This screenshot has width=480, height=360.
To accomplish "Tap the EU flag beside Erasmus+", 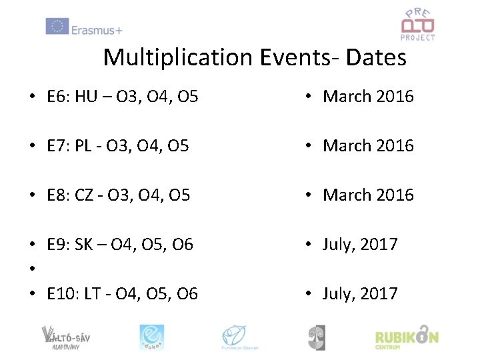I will [x=57, y=27].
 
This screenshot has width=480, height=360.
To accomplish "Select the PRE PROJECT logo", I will [x=417, y=25].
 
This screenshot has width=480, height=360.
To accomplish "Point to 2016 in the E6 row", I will [x=395, y=97].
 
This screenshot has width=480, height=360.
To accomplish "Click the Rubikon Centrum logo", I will [x=406, y=337].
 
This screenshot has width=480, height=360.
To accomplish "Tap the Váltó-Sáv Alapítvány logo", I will [x=65, y=337].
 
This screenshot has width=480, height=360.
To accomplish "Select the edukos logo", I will [x=151, y=337].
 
